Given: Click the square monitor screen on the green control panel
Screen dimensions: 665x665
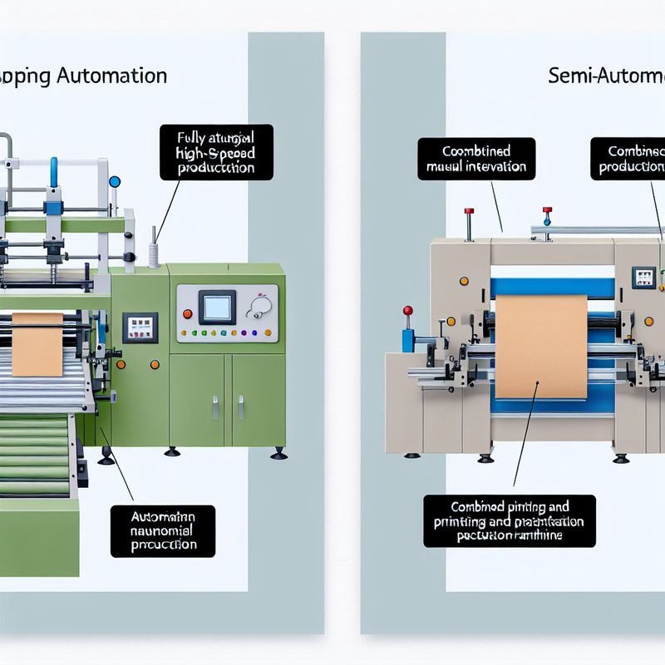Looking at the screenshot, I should click(x=217, y=308).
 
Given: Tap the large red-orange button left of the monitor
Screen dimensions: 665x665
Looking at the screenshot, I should click(x=188, y=313).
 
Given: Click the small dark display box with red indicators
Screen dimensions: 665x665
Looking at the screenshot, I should click(x=140, y=327).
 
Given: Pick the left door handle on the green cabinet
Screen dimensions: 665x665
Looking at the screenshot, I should click(x=214, y=406).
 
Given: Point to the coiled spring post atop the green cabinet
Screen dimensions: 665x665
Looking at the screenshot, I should click(x=153, y=249).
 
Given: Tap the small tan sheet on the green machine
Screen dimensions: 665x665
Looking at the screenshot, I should click(x=37, y=343).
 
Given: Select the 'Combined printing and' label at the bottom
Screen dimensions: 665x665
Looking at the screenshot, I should click(x=509, y=520).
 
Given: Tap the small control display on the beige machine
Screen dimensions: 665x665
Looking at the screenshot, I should click(x=642, y=277).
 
